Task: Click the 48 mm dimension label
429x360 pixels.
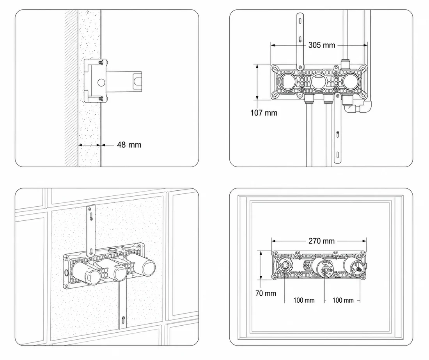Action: [129, 145]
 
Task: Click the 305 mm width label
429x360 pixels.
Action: [322, 45]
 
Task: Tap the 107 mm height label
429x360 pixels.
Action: [264, 113]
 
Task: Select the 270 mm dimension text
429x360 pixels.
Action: [321, 241]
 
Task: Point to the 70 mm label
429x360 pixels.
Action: [266, 293]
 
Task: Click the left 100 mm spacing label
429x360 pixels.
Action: [304, 300]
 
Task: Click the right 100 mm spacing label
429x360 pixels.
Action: [343, 300]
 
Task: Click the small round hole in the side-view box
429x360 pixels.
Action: [101, 82]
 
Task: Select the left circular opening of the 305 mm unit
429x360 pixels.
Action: [287, 81]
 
